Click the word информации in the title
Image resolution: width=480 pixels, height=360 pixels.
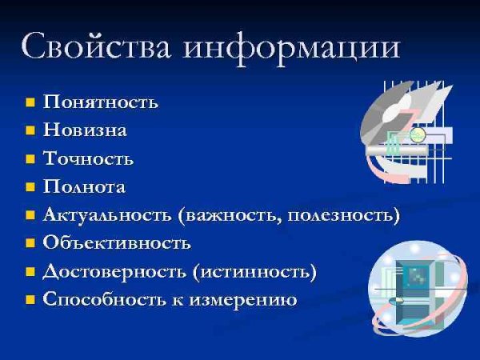(x=292, y=46)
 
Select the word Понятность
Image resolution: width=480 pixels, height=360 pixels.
(x=100, y=102)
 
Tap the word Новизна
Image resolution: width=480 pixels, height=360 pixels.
(x=85, y=130)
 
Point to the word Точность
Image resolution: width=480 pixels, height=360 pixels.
(x=88, y=158)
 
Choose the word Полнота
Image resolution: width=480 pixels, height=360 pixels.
(x=84, y=186)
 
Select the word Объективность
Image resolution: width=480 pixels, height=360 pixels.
(x=117, y=242)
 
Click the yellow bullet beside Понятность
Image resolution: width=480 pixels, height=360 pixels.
(x=30, y=102)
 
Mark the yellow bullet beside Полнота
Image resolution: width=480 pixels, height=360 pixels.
(x=30, y=187)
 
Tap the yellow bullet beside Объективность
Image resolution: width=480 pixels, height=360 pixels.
(x=30, y=243)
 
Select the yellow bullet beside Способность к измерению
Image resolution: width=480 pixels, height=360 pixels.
(x=30, y=300)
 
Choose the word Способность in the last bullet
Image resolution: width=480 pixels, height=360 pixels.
(x=99, y=300)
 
